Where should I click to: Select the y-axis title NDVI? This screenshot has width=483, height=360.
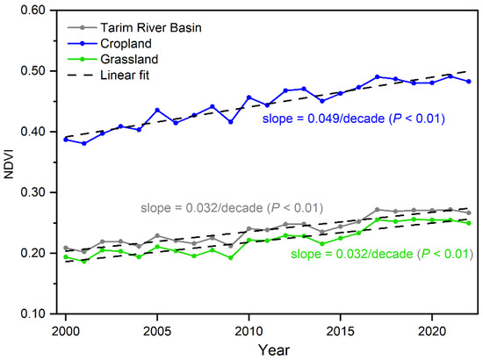pos(9,162)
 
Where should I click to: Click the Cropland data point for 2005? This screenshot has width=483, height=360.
pos(157,111)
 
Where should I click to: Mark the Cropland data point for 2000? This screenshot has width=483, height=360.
pos(65,139)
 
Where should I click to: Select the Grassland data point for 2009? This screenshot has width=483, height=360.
pos(230,257)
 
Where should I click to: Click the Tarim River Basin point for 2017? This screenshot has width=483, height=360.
pos(377,210)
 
